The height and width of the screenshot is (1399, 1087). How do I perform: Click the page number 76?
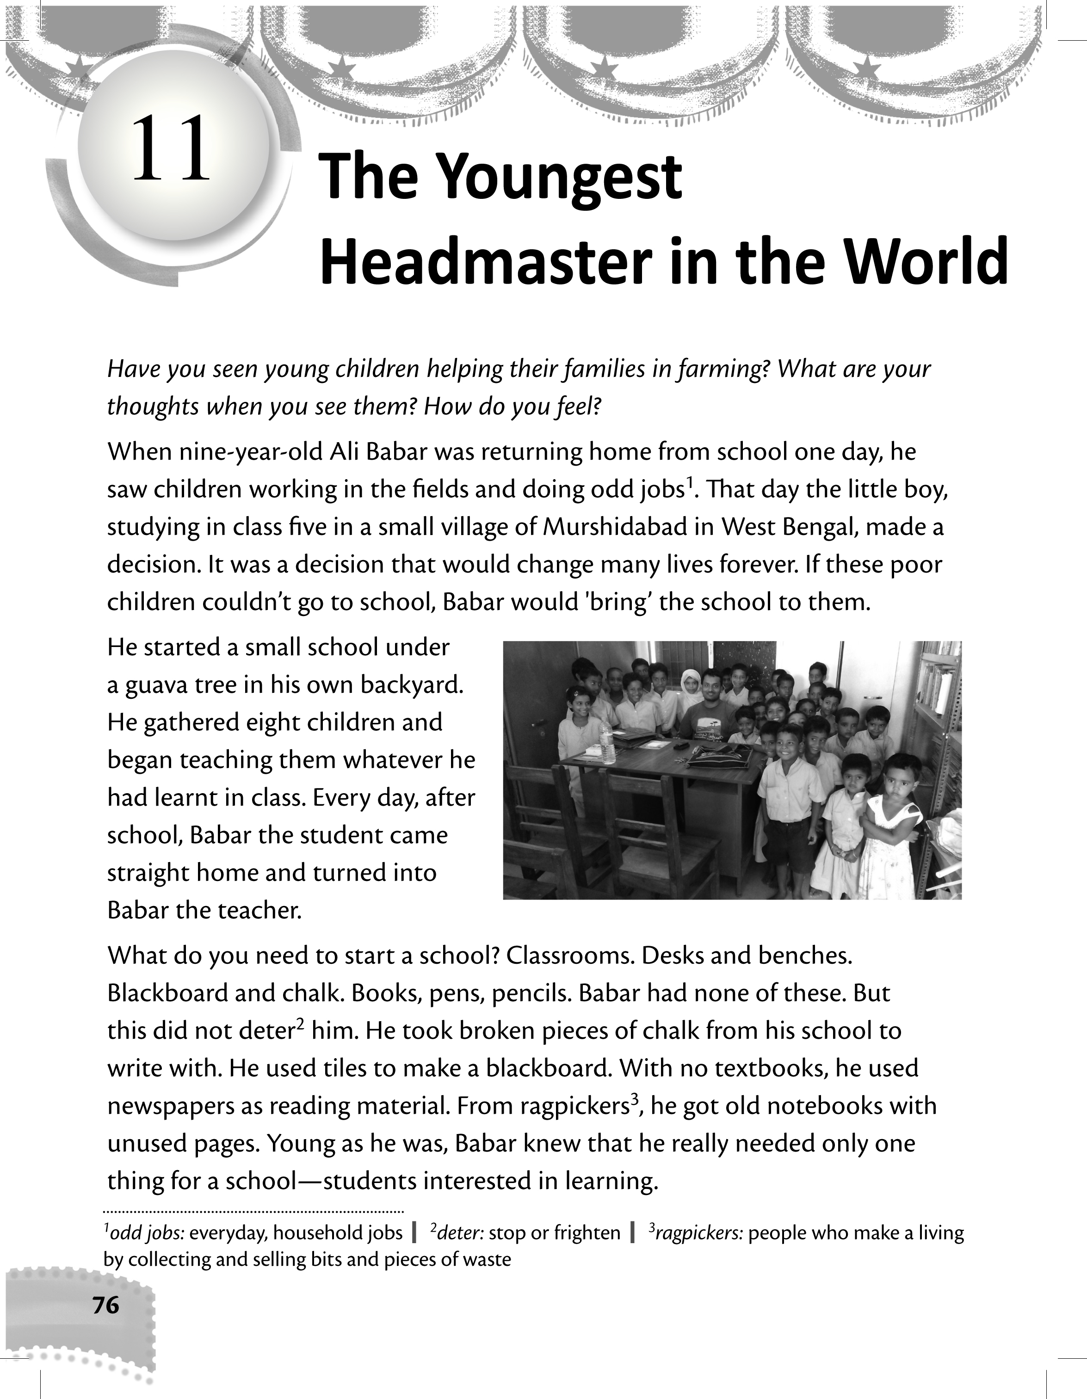tap(105, 1305)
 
